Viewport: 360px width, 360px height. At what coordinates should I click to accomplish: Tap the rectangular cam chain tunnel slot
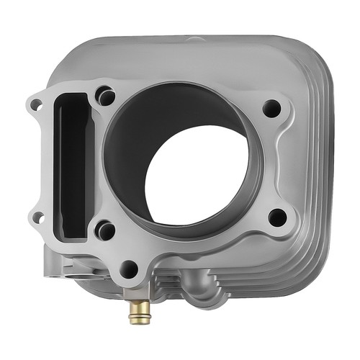click(x=72, y=162)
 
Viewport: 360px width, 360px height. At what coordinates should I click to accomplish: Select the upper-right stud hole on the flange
click(x=271, y=108)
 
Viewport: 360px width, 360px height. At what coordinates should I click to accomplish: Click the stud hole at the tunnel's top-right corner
click(x=106, y=95)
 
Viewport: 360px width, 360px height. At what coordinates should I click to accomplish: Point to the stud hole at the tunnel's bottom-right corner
click(x=106, y=230)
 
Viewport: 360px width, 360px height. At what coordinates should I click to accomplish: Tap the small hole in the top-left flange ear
click(x=36, y=105)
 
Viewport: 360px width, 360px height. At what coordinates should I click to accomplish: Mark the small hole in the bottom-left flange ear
click(x=37, y=217)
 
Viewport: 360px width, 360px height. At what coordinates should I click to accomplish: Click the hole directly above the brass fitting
click(x=129, y=269)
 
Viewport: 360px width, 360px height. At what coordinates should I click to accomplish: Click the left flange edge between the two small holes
click(x=33, y=162)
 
